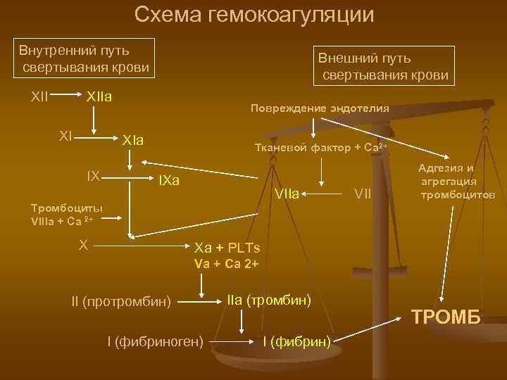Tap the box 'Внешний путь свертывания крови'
pyautogui.click(x=384, y=66)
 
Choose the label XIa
pyautogui.click(x=133, y=140)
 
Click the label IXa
pyautogui.click(x=169, y=181)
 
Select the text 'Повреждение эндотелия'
pyautogui.click(x=319, y=108)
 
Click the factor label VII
pyautogui.click(x=363, y=193)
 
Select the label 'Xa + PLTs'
pyautogui.click(x=227, y=248)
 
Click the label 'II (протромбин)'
pyautogui.click(x=121, y=302)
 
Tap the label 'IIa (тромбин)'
pyautogui.click(x=269, y=300)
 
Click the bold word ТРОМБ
pyautogui.click(x=446, y=317)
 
